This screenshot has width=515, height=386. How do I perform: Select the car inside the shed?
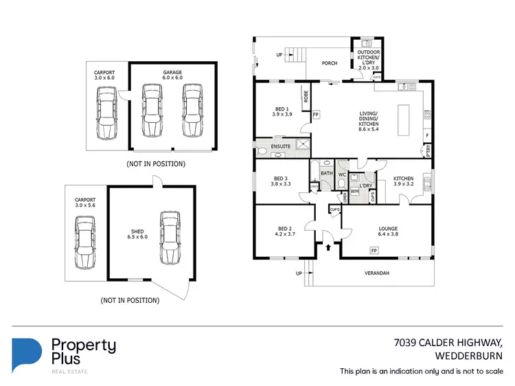(170, 237)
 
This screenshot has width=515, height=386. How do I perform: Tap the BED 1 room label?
(282, 111)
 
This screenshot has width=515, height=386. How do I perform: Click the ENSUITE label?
(281, 146)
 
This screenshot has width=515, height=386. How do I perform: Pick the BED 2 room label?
(286, 231)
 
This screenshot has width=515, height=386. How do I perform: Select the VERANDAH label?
(376, 273)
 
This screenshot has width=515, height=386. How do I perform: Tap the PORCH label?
(330, 63)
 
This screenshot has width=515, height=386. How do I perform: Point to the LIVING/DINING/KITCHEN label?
(373, 121)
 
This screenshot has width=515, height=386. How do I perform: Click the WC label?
(341, 174)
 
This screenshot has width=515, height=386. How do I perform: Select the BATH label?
(326, 174)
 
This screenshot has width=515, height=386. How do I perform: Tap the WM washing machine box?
(355, 192)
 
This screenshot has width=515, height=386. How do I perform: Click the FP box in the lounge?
(374, 252)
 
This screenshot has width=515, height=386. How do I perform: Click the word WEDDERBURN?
(470, 356)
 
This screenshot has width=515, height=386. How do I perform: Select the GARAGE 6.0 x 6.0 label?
(172, 75)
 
